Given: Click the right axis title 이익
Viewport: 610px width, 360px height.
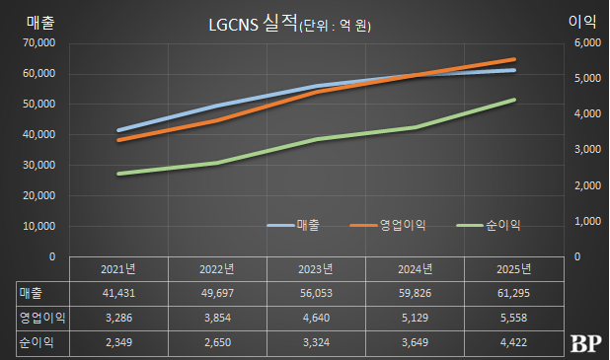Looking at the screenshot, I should tap(581, 21).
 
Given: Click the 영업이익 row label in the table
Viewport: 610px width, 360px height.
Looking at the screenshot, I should tap(37, 318).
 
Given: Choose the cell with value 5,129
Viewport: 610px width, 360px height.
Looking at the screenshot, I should tap(415, 318).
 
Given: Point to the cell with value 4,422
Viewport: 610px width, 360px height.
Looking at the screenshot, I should tap(513, 341).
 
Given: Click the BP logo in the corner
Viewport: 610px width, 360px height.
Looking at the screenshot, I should tap(586, 343).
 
